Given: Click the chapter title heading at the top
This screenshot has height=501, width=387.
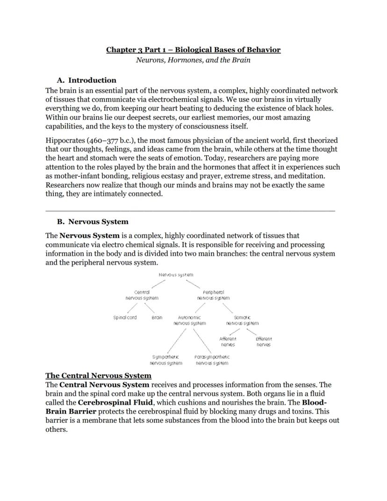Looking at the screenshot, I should (x=193, y=50).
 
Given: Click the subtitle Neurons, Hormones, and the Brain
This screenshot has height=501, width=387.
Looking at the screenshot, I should (x=193, y=60).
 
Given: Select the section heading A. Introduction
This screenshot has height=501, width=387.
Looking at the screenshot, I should (x=86, y=80).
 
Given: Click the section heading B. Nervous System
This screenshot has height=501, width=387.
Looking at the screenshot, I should (x=93, y=222).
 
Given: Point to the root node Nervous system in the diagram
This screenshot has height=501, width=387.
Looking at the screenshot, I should (x=176, y=275).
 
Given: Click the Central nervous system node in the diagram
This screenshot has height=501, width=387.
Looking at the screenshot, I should (x=142, y=295).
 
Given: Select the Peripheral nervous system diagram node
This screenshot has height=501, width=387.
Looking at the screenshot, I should (x=213, y=295).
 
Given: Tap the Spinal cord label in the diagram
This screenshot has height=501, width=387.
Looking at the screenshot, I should (x=125, y=318).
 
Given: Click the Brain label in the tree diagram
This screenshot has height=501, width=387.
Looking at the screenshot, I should (x=157, y=318).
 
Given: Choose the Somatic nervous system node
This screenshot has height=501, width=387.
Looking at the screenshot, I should (x=242, y=320).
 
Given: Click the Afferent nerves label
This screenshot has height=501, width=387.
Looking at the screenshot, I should (x=228, y=341).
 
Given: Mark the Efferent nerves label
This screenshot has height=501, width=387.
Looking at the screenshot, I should (x=264, y=341).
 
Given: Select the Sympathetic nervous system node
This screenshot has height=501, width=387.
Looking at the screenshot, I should (x=166, y=360).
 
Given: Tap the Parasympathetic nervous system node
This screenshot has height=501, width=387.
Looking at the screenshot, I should (x=212, y=360).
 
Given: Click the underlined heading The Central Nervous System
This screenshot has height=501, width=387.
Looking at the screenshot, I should (x=98, y=376).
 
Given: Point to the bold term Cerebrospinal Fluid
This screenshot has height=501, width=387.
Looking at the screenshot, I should (x=115, y=402).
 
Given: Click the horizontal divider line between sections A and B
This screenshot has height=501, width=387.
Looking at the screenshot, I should (x=190, y=211).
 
